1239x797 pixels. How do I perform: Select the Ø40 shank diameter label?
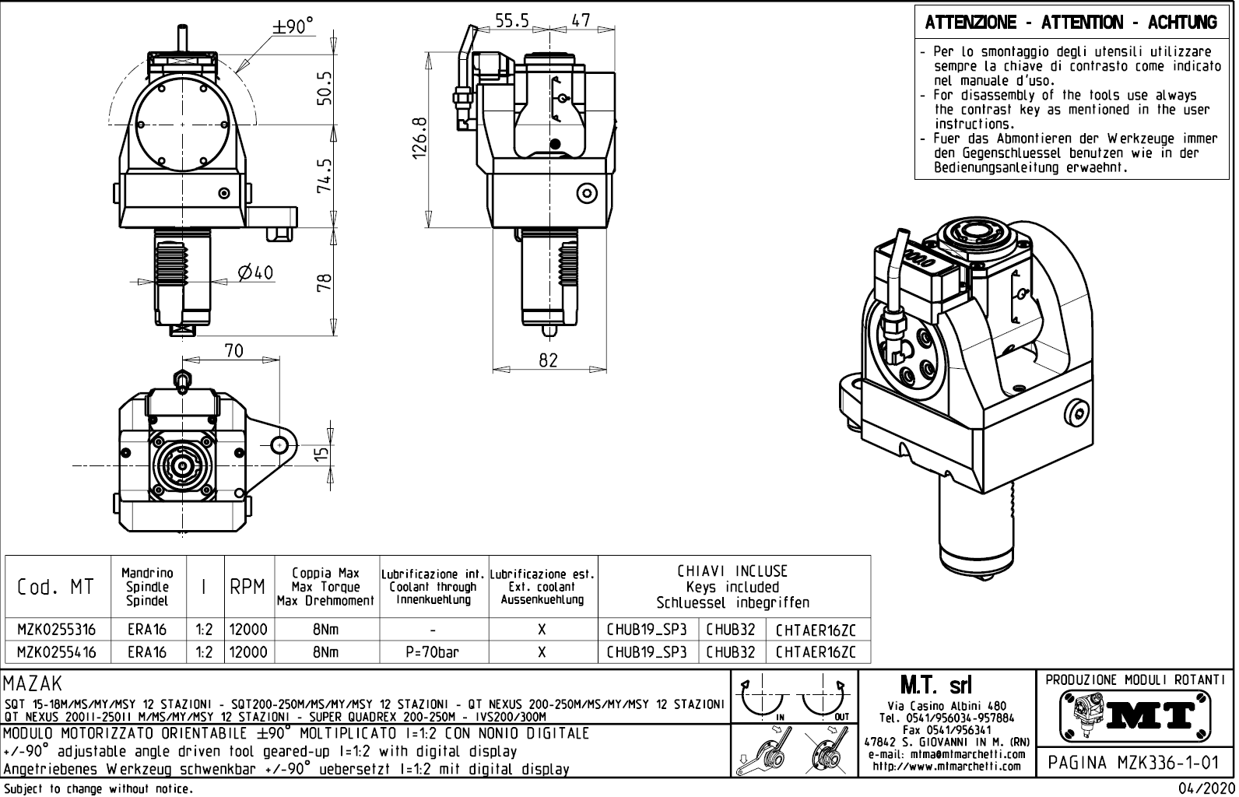pos(255,272)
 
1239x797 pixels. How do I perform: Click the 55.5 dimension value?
pos(513,21)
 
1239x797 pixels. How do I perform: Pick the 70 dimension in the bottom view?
pos(233,351)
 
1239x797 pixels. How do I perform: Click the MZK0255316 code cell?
pos(57,630)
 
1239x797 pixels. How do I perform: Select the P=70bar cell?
pos(433,652)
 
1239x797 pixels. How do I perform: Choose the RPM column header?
pos(248,588)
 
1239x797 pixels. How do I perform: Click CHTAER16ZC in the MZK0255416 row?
pos(816,652)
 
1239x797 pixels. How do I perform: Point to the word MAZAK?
pos(33,685)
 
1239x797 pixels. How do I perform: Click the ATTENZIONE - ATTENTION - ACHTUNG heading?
pos(1071,23)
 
